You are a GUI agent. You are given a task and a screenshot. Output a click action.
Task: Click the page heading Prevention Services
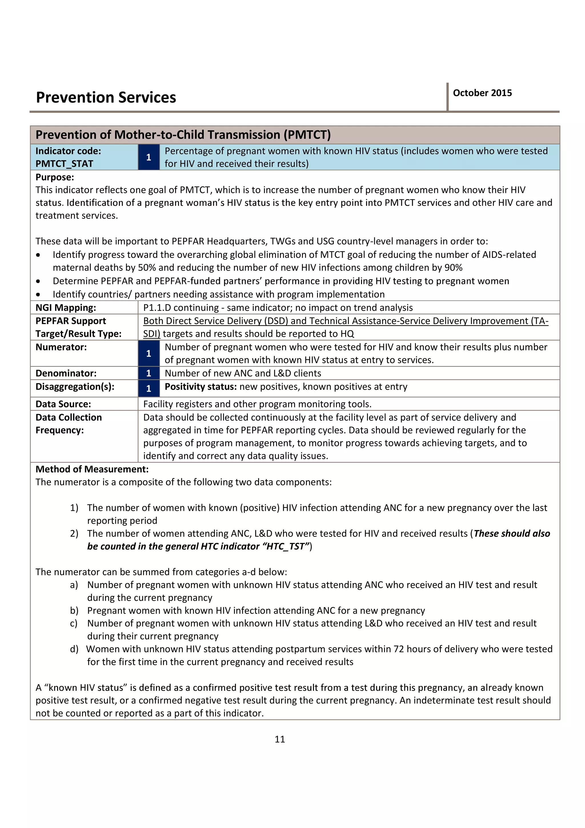(106, 97)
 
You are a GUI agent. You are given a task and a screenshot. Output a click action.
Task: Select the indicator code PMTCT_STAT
(64, 164)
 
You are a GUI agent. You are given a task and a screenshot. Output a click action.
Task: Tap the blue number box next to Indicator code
(149, 157)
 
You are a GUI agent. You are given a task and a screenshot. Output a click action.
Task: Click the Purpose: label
(55, 177)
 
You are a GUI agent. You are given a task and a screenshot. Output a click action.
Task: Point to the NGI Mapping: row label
(66, 308)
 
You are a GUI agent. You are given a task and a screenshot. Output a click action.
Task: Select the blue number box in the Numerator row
(149, 353)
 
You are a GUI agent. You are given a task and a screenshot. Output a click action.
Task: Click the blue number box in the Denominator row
(149, 373)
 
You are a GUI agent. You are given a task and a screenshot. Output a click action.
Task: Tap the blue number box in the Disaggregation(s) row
(149, 388)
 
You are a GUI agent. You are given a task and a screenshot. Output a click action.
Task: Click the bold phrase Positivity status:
(201, 387)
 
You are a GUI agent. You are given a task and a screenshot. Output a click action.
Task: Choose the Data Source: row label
(63, 404)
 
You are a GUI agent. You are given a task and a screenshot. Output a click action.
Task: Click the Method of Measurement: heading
(92, 469)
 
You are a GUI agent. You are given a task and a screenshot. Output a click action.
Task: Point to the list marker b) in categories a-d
(74, 611)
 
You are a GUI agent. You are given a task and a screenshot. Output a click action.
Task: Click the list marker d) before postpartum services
(74, 649)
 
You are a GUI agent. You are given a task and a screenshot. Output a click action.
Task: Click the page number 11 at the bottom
(280, 739)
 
